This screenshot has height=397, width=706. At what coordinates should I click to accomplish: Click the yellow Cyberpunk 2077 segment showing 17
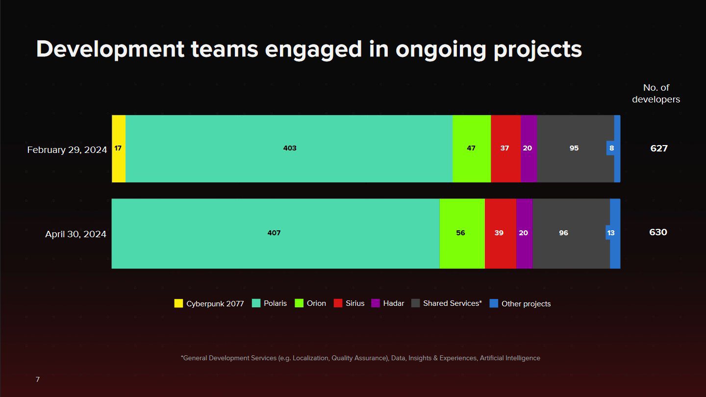pyautogui.click(x=119, y=149)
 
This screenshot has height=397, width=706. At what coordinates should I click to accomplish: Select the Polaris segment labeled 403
pyautogui.click(x=289, y=149)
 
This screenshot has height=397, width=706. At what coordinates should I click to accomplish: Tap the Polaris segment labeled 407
pyautogui.click(x=275, y=233)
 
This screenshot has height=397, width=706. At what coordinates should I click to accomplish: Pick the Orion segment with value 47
pyautogui.click(x=471, y=149)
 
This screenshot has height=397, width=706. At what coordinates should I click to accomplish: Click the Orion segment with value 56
pyautogui.click(x=461, y=233)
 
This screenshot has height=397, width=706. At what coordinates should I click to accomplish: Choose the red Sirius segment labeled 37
pyautogui.click(x=505, y=149)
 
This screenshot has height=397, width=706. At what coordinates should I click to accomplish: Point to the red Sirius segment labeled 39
pyautogui.click(x=500, y=233)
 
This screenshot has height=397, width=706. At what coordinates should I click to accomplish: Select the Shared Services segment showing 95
pyautogui.click(x=574, y=149)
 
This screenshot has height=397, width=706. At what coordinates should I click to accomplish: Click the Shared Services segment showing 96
pyautogui.click(x=564, y=233)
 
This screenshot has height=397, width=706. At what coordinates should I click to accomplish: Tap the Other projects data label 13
pyautogui.click(x=611, y=233)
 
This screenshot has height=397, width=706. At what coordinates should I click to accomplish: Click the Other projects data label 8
pyautogui.click(x=611, y=148)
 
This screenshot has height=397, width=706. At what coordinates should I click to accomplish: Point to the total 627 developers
pyautogui.click(x=659, y=148)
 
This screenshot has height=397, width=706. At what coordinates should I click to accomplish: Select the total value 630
pyautogui.click(x=658, y=232)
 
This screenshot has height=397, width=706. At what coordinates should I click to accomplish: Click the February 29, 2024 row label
pyautogui.click(x=67, y=150)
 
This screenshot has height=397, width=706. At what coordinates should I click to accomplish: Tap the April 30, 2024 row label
pyautogui.click(x=76, y=234)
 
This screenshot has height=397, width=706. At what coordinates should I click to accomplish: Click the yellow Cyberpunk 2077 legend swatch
pyautogui.click(x=178, y=303)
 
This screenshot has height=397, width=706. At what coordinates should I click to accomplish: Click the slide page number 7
pyautogui.click(x=38, y=380)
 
